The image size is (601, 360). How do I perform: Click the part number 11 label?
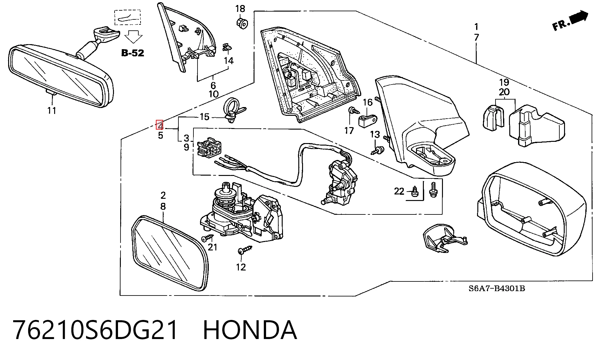point(52,111)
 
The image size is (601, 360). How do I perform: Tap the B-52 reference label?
point(133,53)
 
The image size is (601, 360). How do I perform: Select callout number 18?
point(240,9)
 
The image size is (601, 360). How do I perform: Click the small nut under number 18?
point(242,23)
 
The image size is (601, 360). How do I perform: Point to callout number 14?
point(229,61)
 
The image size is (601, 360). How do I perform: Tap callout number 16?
point(368,102)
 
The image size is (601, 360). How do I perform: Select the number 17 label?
point(349,131)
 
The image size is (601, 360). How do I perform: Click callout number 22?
point(399,191)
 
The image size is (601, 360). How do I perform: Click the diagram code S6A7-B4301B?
point(497,289)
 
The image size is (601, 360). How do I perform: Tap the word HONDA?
point(250,330)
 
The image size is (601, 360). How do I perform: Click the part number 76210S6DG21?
point(95,330)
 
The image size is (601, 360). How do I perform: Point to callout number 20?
point(504,92)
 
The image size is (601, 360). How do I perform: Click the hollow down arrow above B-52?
point(133,36)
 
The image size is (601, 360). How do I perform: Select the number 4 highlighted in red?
point(160,125)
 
